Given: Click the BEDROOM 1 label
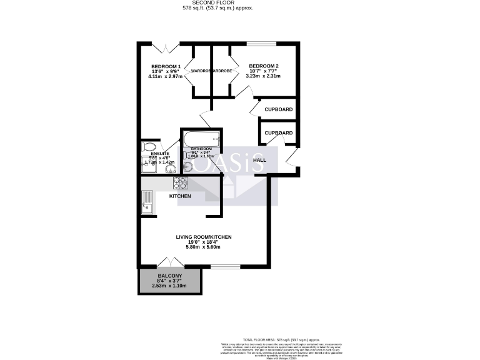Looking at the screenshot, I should (x=166, y=67).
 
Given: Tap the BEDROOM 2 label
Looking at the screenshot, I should (x=264, y=66).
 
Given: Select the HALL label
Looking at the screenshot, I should (x=259, y=160).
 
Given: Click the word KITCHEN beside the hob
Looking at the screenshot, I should (x=180, y=196).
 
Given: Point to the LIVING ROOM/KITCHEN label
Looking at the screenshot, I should (x=204, y=237).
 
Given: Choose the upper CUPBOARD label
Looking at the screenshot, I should (x=279, y=109).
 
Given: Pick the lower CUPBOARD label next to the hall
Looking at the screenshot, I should (x=279, y=133).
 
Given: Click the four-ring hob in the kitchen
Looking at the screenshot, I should (x=179, y=182).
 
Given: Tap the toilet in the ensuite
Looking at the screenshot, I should (x=150, y=147).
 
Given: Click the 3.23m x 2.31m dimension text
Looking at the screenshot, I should (x=264, y=76).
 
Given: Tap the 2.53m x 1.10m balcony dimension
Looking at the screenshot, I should (x=169, y=286).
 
